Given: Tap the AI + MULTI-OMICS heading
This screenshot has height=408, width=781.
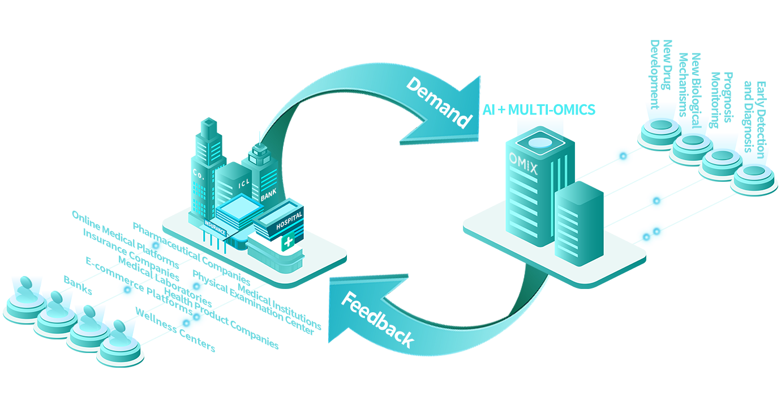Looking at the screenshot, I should (539, 109).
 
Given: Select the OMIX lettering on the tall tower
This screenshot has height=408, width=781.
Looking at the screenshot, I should (524, 154).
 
